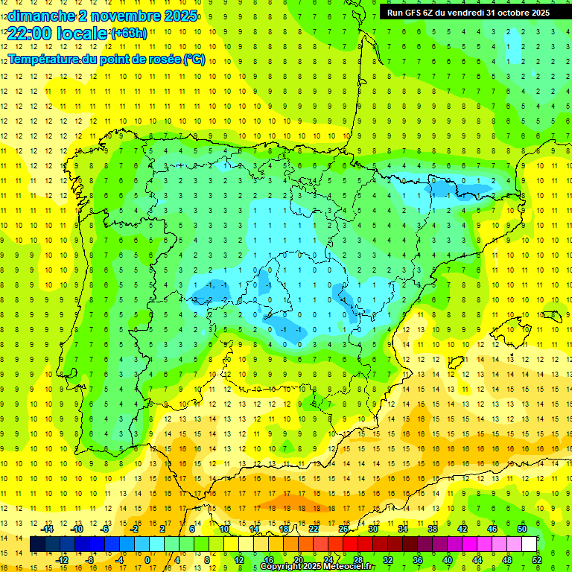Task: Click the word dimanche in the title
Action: (x=40, y=16)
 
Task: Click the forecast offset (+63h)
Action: (x=128, y=34)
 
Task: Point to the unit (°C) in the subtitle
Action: (x=194, y=59)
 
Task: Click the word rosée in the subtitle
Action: (x=162, y=59)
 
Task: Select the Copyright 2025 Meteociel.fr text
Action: (x=317, y=567)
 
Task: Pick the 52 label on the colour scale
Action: (x=537, y=560)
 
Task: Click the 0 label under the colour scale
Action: (x=147, y=560)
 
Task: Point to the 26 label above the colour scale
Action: (x=343, y=529)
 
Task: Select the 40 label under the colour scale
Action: (x=448, y=560)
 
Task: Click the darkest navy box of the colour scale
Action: (x=38, y=544)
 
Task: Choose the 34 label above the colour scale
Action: (x=403, y=529)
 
